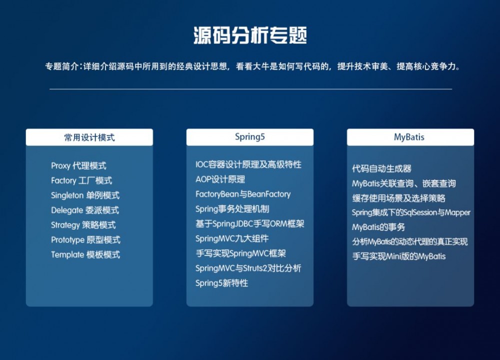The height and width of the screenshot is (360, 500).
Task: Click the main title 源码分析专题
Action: (x=250, y=35)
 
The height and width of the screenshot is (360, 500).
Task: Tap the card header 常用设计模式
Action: (x=89, y=137)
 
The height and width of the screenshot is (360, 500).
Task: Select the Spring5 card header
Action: (x=250, y=137)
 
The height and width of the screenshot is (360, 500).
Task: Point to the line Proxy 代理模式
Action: (x=78, y=166)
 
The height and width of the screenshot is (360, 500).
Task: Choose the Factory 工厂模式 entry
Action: (x=81, y=180)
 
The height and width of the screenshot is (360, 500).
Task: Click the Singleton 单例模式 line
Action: (x=85, y=195)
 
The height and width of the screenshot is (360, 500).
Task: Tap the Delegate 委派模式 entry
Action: (x=85, y=210)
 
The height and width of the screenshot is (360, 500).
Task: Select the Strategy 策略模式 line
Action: (x=83, y=225)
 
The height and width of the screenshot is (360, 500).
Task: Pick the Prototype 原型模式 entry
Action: (x=85, y=240)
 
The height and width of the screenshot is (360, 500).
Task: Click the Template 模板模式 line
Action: (x=85, y=255)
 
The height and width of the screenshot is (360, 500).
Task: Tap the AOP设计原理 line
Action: (x=220, y=179)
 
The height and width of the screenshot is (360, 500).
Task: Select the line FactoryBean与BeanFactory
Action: (x=243, y=194)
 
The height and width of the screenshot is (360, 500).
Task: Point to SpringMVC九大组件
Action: (x=232, y=238)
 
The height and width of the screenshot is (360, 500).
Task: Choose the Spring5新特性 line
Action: (x=221, y=283)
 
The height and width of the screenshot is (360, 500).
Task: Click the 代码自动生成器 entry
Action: (x=381, y=169)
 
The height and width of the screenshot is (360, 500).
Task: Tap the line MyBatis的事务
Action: (x=378, y=227)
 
